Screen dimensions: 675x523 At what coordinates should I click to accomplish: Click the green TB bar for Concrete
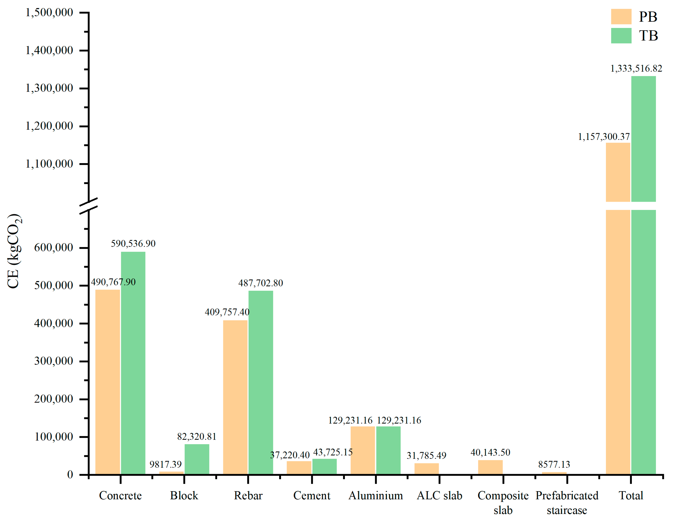[133, 363]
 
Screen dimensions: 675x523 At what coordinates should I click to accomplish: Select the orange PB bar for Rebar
[235, 397]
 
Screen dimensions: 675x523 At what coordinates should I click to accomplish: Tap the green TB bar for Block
[197, 459]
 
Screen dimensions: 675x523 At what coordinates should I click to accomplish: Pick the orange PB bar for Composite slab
[490, 467]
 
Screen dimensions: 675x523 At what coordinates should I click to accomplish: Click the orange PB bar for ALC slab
[427, 469]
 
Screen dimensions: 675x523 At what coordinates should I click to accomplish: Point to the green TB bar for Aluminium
[389, 450]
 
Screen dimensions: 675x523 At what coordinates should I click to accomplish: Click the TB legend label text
[648, 36]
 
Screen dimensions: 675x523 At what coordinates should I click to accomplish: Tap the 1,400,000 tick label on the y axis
[49, 50]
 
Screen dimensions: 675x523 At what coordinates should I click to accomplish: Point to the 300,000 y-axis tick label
[54, 361]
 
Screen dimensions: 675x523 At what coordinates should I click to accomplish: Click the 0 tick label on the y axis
[70, 475]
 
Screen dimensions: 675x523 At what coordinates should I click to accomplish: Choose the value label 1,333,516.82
[636, 68]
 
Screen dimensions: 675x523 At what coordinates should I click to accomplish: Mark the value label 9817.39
[166, 464]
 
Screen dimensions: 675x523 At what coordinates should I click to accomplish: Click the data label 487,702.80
[261, 283]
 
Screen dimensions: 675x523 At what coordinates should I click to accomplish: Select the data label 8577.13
[554, 464]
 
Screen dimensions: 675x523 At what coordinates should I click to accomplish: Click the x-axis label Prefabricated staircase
[567, 503]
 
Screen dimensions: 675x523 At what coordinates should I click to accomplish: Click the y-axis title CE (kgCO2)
[14, 251]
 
